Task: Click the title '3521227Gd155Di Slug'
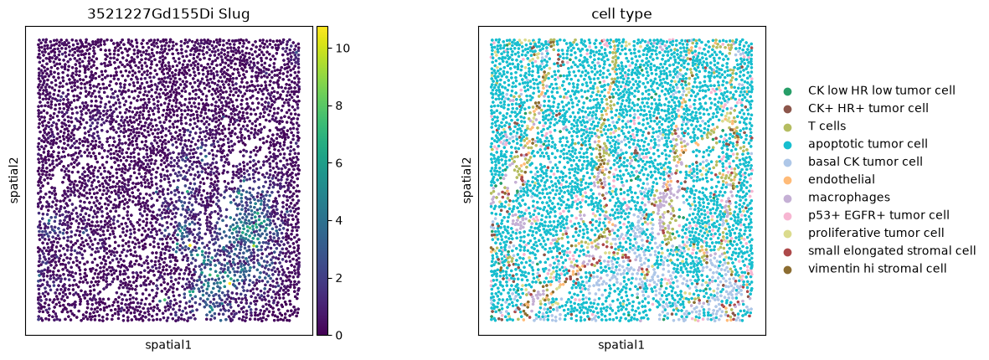(x=168, y=14)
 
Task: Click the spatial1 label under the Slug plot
(x=168, y=346)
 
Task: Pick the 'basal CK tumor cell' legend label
(x=865, y=162)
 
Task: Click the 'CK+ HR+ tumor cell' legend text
(x=868, y=108)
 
